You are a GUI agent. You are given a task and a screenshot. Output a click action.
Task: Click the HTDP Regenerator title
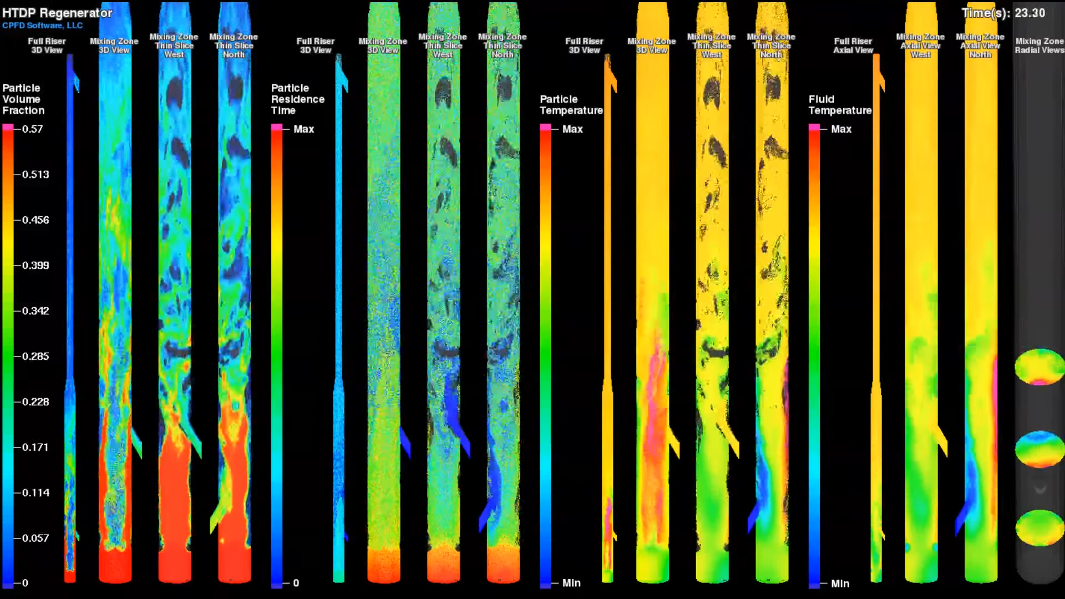point(57,13)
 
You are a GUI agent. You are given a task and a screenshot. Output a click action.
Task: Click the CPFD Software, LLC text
point(42,26)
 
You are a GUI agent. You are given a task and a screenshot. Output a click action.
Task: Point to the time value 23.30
point(1029,13)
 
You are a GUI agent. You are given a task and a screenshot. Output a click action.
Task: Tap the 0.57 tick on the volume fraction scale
point(32,129)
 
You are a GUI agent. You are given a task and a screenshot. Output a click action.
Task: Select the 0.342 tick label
point(35,311)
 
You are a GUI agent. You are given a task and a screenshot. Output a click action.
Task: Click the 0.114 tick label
point(35,493)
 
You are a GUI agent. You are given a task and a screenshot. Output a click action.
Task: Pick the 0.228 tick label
point(35,402)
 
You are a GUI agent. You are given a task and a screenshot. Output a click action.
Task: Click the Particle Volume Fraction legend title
point(23,99)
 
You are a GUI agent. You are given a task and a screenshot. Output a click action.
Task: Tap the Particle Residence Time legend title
point(297,99)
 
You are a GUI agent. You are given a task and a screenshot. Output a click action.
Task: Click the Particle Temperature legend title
point(571,105)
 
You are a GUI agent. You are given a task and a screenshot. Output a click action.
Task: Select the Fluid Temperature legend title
point(839,105)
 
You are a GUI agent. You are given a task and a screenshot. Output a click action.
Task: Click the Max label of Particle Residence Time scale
point(303,129)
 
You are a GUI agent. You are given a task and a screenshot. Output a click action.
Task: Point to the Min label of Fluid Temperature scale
point(840,583)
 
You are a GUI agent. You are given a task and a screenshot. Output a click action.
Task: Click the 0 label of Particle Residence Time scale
point(296,583)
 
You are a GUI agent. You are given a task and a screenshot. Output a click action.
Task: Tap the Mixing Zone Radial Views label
point(1039,45)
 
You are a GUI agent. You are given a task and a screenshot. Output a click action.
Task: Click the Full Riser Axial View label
point(853,45)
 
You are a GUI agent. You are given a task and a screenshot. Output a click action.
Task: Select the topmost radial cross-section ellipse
point(1039,367)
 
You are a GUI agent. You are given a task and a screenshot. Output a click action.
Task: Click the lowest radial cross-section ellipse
point(1039,527)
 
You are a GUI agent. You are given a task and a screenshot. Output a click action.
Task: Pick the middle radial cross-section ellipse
point(1039,449)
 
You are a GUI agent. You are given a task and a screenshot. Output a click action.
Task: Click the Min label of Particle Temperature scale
point(571,583)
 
